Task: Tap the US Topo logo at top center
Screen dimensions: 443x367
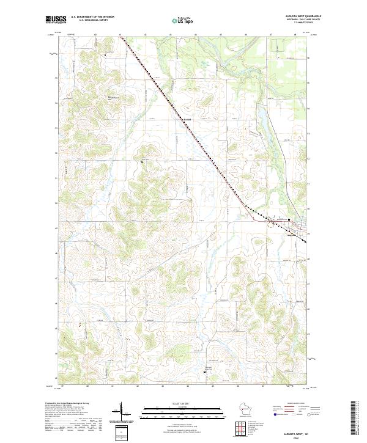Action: (x=183, y=20)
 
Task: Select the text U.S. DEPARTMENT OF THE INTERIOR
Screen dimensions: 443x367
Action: (x=93, y=17)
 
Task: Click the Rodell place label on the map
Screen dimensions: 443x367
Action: (x=188, y=119)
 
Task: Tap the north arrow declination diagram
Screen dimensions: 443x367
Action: (x=121, y=413)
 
